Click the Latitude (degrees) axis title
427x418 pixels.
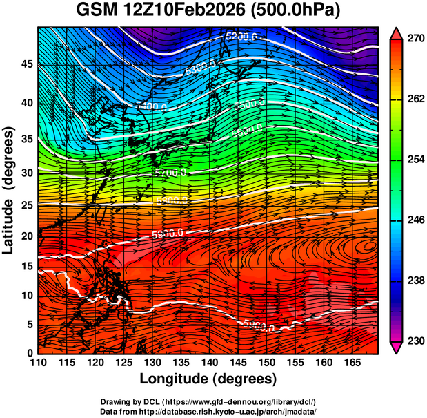[x=9, y=189]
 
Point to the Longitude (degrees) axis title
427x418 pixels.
[x=208, y=379]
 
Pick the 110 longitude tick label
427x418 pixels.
[x=38, y=362]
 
